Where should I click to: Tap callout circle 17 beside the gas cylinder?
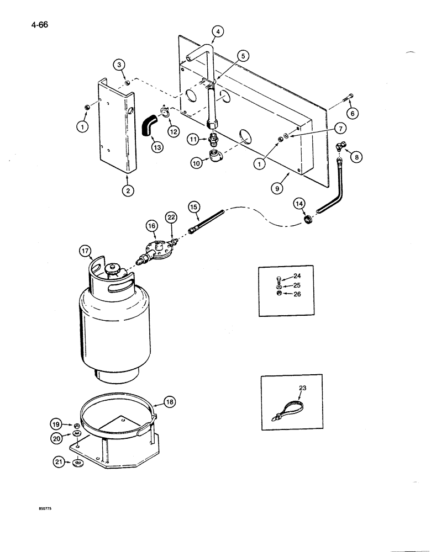click(x=86, y=252)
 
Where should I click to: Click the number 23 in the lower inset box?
click(x=302, y=389)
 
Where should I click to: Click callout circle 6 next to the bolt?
click(x=352, y=113)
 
